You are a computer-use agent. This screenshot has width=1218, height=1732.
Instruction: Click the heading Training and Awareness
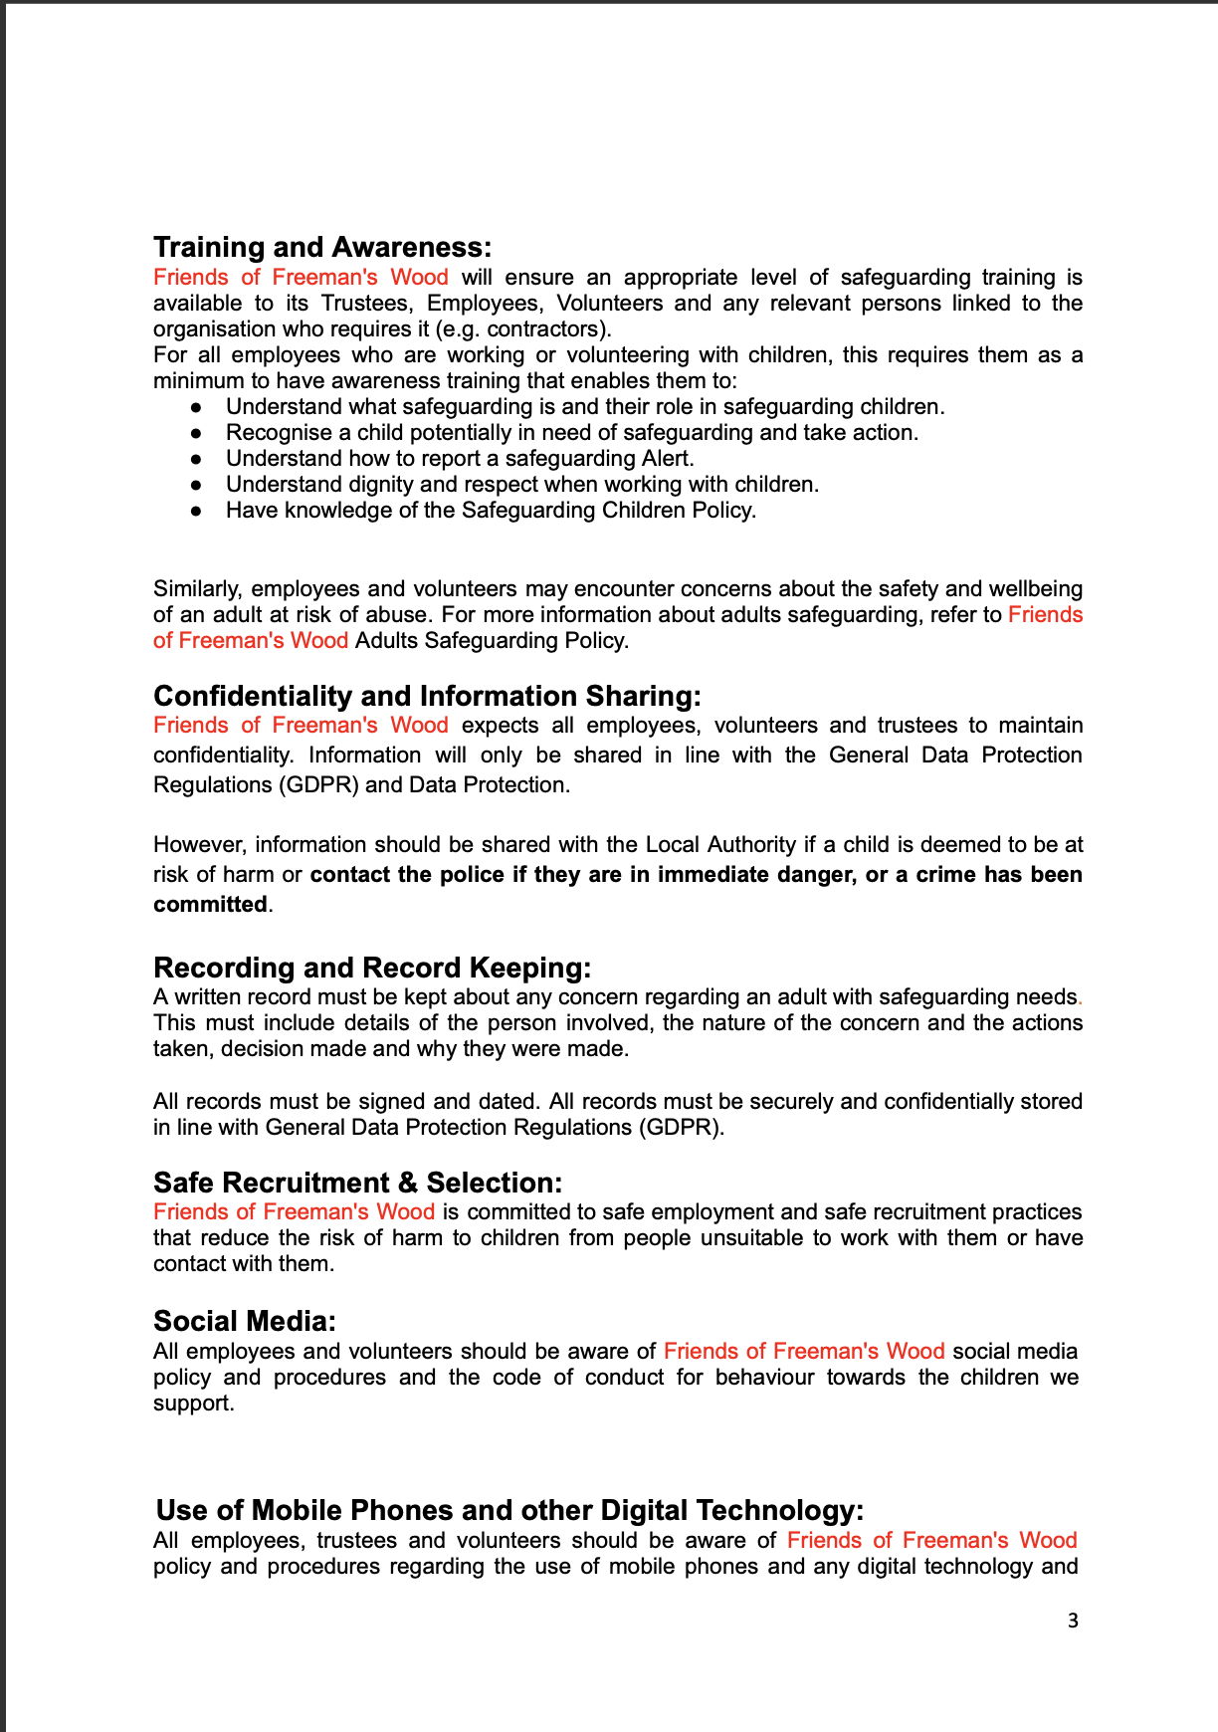click(x=321, y=247)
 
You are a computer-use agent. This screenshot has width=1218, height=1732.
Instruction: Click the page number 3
click(x=1073, y=1621)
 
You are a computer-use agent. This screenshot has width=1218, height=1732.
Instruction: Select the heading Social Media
click(x=244, y=1321)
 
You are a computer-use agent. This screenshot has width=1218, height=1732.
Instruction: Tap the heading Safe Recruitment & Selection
click(x=357, y=1183)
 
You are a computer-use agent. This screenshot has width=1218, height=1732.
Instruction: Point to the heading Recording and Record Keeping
click(x=372, y=968)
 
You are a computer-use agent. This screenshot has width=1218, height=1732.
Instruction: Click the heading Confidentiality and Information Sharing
click(x=427, y=696)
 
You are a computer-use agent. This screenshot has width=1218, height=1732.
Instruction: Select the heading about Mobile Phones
click(x=509, y=1510)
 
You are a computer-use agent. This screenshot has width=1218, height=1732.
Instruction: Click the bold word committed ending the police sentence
click(x=210, y=904)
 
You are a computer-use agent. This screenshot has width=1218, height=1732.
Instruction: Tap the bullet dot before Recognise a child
click(x=197, y=433)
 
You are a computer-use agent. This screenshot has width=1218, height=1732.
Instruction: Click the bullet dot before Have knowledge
click(x=197, y=511)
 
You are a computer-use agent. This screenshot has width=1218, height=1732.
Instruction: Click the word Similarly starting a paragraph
click(x=197, y=588)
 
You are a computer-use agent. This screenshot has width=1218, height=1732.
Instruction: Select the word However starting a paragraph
click(x=198, y=844)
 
